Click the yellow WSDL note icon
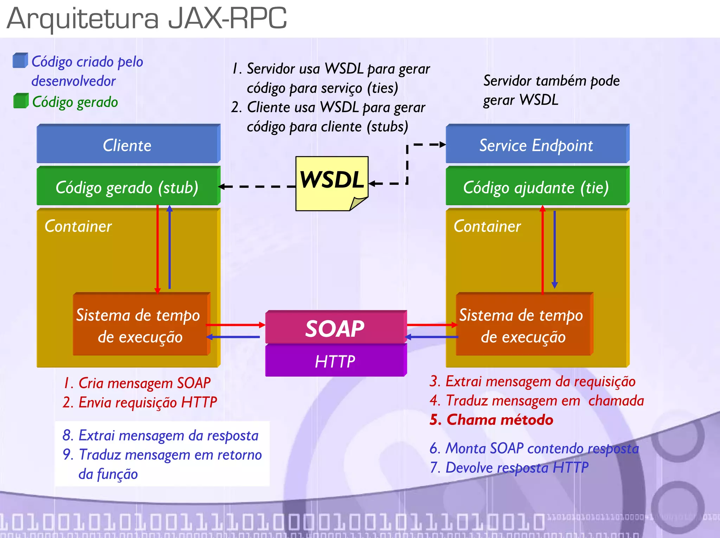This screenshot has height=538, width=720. click(x=332, y=183)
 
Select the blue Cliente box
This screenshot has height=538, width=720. click(x=128, y=145)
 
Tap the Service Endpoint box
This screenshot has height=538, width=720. click(x=536, y=145)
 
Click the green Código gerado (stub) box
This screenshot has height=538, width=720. click(x=128, y=187)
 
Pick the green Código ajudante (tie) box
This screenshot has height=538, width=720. click(x=536, y=187)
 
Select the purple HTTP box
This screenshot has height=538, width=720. click(x=335, y=361)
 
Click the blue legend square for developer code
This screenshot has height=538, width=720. click(x=20, y=60)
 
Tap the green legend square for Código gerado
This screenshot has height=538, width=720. click(x=20, y=101)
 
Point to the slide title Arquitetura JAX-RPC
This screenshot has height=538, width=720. click(x=147, y=18)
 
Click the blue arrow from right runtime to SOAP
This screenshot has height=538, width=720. click(x=432, y=337)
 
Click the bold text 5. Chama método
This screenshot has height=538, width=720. click(x=491, y=420)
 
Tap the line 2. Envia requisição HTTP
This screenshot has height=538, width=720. click(x=140, y=402)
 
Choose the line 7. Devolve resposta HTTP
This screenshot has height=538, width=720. click(x=509, y=468)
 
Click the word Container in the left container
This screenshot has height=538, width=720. click(x=78, y=226)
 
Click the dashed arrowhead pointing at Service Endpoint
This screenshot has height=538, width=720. click(x=442, y=144)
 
